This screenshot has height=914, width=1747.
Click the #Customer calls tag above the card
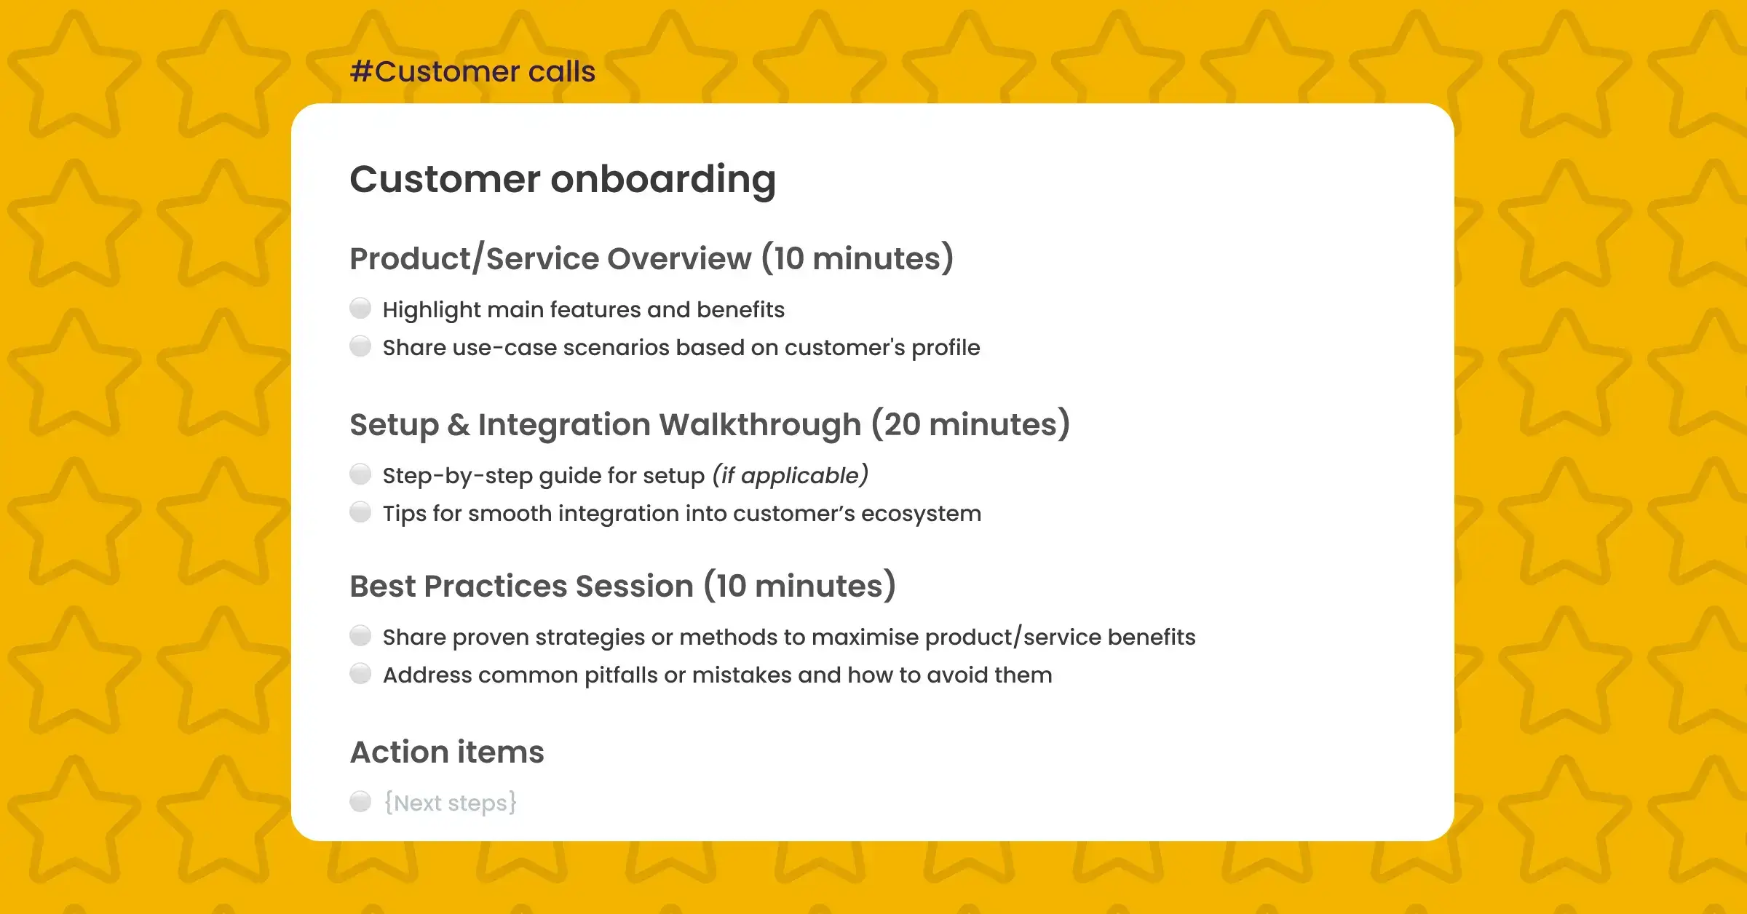(472, 71)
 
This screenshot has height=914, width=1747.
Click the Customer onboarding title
(563, 179)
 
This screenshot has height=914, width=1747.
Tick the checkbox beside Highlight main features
(360, 309)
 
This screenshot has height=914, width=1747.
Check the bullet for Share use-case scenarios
(360, 346)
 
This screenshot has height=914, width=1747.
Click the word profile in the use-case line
(946, 348)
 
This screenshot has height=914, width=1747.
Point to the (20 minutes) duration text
(970, 425)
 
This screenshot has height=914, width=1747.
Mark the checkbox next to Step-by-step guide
(360, 474)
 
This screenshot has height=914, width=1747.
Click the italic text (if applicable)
(790, 476)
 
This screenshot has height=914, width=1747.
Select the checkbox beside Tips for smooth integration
(360, 512)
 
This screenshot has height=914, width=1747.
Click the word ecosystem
(921, 514)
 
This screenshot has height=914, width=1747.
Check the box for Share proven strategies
(360, 636)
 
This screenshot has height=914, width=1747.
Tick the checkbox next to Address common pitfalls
(360, 674)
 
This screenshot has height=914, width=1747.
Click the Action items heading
(447, 752)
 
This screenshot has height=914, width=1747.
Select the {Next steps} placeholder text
(451, 803)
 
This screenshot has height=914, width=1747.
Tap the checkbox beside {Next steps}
(360, 802)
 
